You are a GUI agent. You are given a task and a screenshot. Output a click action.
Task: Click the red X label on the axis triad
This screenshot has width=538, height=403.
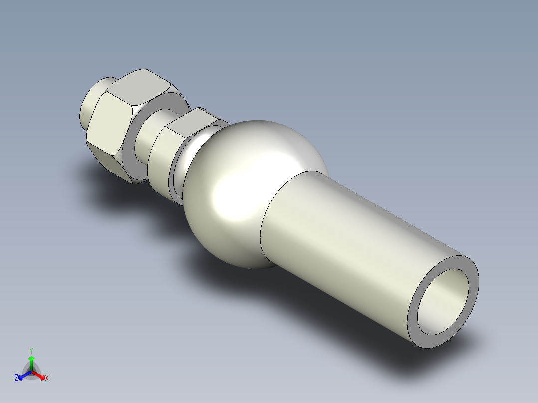46,378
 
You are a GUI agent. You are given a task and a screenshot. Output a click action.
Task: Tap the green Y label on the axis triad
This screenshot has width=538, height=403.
31,351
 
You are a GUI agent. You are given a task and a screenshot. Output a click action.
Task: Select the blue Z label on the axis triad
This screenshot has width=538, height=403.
16,378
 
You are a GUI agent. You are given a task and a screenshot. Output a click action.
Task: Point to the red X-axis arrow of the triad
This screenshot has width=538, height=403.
40,375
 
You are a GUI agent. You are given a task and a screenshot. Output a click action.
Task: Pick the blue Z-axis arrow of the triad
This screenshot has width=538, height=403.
23,375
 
